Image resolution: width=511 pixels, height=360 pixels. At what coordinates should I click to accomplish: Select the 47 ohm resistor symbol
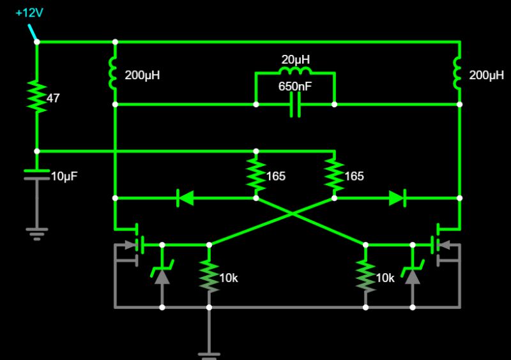(x=36, y=96)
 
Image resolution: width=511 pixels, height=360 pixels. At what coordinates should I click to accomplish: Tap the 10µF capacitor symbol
(x=36, y=174)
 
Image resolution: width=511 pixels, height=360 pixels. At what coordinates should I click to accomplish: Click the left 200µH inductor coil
(x=114, y=73)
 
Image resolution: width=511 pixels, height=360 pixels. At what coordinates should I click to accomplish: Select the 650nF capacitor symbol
(x=294, y=103)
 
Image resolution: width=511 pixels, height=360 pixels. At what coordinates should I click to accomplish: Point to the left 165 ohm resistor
(x=256, y=174)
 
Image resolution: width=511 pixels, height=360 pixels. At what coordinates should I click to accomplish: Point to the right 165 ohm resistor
(x=333, y=174)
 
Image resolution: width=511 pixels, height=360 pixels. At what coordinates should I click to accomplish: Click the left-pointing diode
(x=185, y=198)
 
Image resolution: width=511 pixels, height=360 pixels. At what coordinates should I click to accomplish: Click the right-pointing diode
(x=397, y=198)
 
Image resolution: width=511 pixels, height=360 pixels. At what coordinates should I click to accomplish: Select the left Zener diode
(x=162, y=275)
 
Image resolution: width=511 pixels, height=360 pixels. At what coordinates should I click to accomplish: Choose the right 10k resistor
(x=365, y=276)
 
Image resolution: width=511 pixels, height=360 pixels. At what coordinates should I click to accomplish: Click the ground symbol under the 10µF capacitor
(x=36, y=231)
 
